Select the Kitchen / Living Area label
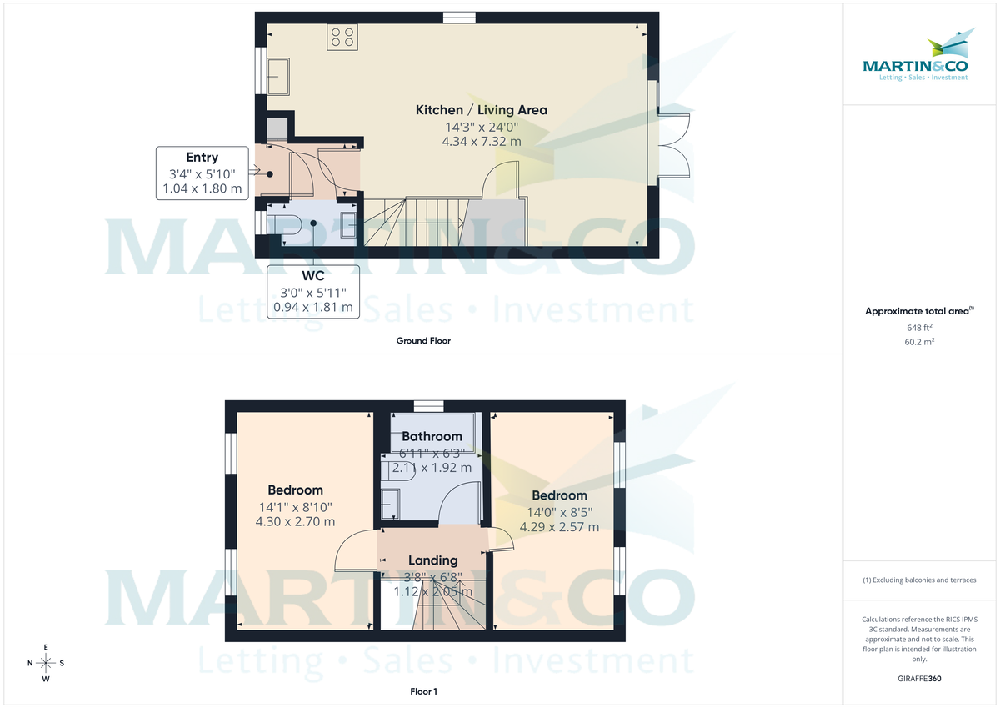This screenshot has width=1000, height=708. point(481,110)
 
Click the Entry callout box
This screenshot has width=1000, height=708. point(202,173)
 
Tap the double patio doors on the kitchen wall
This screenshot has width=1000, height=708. point(673,146)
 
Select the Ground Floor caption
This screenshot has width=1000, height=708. point(423,341)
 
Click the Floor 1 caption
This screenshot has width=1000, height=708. point(423,692)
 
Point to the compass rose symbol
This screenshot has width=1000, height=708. point(46,663)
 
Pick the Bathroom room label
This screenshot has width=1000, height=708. point(432,436)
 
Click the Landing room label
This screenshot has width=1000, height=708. point(432,560)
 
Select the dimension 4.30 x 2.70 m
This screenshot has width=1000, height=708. point(295,522)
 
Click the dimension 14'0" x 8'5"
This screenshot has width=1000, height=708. point(559,512)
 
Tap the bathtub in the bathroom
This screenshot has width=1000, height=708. point(433,429)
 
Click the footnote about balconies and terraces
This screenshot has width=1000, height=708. point(919,580)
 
